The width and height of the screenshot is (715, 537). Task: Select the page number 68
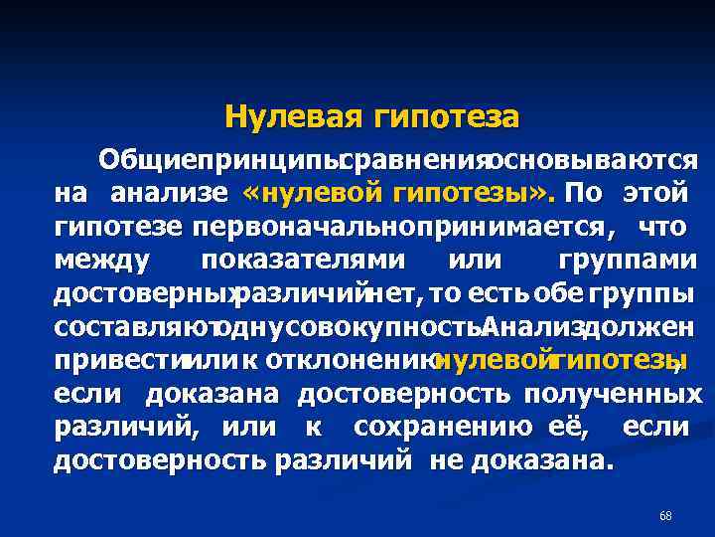click(x=665, y=515)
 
